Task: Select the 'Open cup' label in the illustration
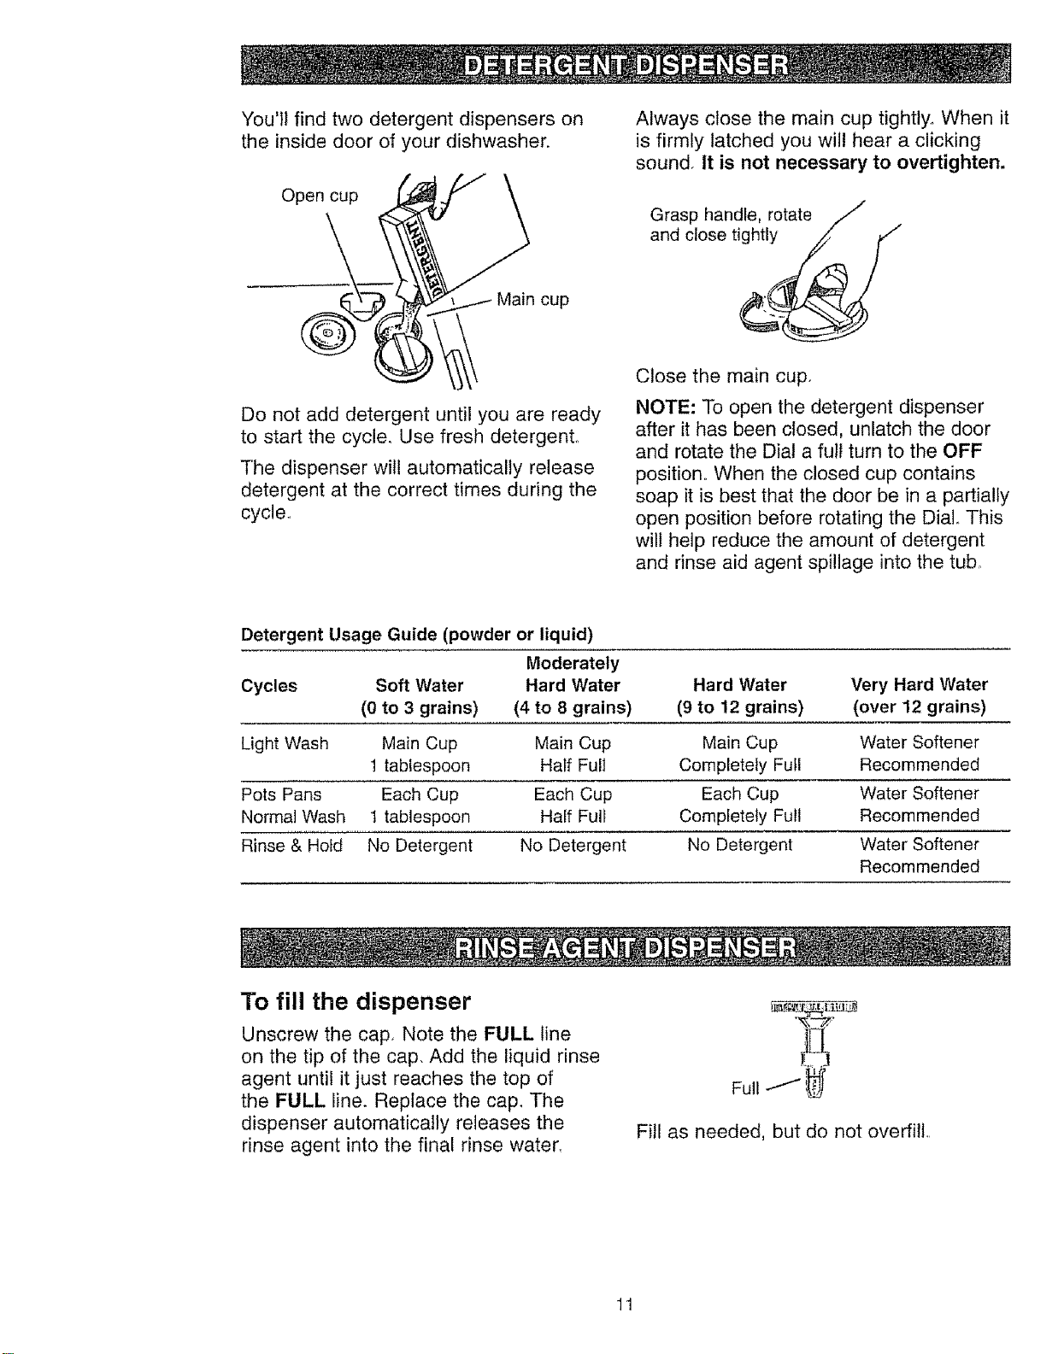(x=320, y=196)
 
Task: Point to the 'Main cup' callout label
(x=533, y=300)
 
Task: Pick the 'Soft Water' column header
(x=420, y=685)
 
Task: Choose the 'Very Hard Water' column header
(x=920, y=685)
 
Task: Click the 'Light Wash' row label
(x=285, y=743)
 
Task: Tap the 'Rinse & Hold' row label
(x=291, y=846)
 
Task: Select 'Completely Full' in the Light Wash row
(x=740, y=765)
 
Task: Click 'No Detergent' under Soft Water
(x=420, y=846)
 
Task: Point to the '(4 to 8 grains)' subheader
(x=573, y=708)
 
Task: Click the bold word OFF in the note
(x=964, y=450)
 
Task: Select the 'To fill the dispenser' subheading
(x=356, y=1001)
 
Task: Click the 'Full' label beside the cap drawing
(x=745, y=1088)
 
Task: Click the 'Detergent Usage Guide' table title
(x=417, y=635)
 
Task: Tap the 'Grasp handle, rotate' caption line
(x=731, y=215)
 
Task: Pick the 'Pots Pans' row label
(x=281, y=794)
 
